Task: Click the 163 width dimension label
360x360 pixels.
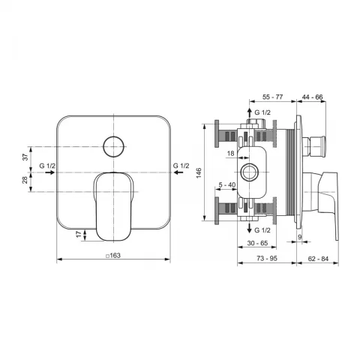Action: click(113, 256)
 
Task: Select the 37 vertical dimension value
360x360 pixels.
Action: click(25, 157)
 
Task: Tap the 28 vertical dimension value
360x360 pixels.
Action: click(25, 180)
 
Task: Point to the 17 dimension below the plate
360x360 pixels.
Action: click(79, 235)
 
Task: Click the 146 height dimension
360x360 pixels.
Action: click(199, 173)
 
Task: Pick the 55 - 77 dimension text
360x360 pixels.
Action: click(272, 97)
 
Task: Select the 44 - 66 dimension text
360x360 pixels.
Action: click(312, 97)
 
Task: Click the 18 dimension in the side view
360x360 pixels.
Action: click(230, 153)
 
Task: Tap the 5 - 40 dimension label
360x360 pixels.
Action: click(227, 184)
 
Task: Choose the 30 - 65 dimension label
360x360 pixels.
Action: click(257, 243)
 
